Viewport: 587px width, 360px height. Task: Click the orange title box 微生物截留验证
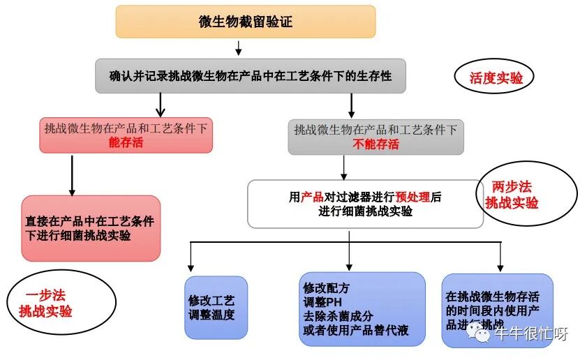click(245, 22)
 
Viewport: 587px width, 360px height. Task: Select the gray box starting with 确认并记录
click(250, 76)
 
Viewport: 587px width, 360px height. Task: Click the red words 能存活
click(126, 143)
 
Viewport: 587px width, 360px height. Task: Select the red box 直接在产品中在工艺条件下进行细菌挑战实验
click(91, 228)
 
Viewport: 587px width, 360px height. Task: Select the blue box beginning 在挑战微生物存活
click(497, 310)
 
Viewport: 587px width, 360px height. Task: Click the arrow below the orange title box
click(239, 47)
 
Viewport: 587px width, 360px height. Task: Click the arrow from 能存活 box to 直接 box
click(72, 174)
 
